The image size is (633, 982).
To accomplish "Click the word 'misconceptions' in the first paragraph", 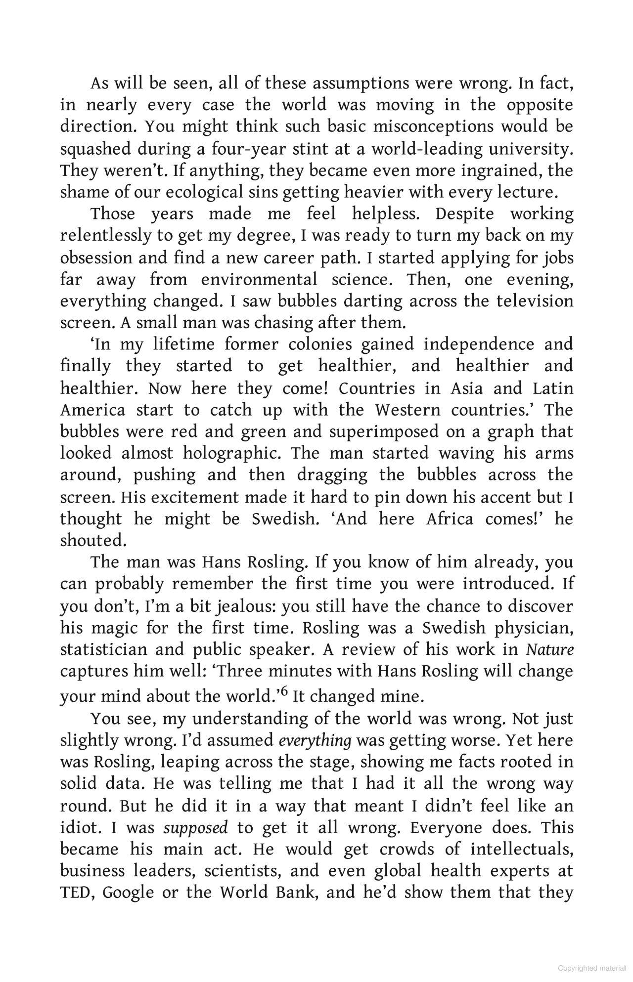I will tap(433, 127).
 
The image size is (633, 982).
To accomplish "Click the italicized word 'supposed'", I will tap(195, 827).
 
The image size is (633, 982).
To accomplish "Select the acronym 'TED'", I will tap(76, 893).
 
